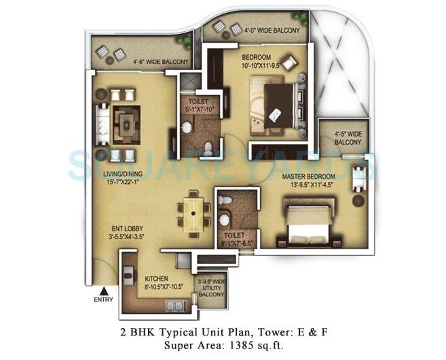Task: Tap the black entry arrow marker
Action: click(103, 290)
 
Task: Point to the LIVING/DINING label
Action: click(122, 174)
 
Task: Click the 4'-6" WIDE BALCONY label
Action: click(142, 62)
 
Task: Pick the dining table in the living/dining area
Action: click(193, 213)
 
